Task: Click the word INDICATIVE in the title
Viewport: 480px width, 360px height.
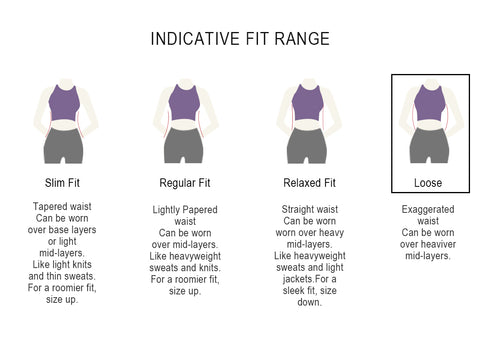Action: click(x=195, y=39)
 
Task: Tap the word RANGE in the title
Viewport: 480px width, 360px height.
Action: click(x=302, y=39)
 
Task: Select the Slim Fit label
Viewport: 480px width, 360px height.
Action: click(x=62, y=183)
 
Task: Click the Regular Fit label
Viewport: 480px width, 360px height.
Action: click(x=185, y=183)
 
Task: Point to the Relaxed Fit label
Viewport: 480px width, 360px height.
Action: click(x=309, y=183)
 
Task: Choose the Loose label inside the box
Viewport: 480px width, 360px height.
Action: click(x=428, y=183)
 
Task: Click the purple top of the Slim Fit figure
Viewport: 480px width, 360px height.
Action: click(x=64, y=103)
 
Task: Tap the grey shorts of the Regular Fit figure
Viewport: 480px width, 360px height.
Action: click(x=183, y=145)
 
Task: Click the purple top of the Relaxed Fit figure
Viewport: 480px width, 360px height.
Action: click(x=307, y=103)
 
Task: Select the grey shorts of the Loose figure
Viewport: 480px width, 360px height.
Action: click(x=429, y=145)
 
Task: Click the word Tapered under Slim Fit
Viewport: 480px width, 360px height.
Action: click(x=47, y=207)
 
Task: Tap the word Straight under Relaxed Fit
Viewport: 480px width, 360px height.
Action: click(x=297, y=209)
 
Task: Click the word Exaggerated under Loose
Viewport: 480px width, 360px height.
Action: click(x=428, y=209)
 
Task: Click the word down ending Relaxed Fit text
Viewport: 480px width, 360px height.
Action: click(x=309, y=302)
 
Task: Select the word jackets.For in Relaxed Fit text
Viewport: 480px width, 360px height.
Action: click(x=305, y=279)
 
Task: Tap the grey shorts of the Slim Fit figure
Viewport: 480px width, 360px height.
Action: click(x=63, y=145)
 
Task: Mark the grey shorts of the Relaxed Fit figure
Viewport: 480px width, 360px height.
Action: click(x=307, y=145)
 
